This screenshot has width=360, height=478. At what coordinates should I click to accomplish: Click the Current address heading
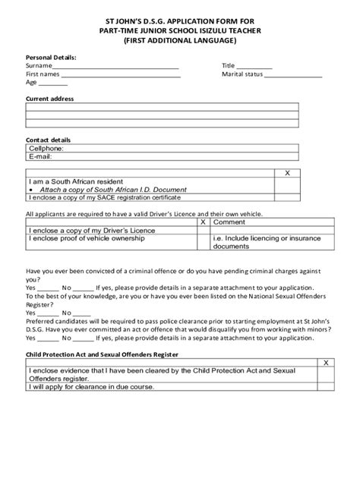(x=50, y=99)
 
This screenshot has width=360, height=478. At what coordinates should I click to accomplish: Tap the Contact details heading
(x=49, y=140)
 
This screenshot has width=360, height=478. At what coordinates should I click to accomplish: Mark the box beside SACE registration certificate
(x=287, y=197)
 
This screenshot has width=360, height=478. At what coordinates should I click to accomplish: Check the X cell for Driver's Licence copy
(x=204, y=230)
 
